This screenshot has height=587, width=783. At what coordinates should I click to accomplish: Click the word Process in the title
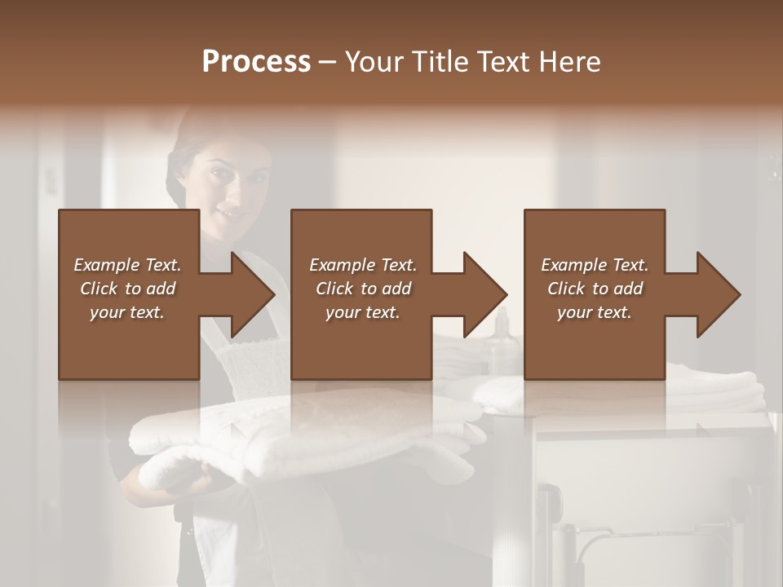(256, 62)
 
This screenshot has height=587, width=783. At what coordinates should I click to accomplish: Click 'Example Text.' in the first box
(127, 265)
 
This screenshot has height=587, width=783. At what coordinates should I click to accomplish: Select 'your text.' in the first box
(127, 312)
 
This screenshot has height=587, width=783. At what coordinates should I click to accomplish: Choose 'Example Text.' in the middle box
(363, 265)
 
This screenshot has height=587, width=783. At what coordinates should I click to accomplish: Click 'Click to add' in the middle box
(363, 289)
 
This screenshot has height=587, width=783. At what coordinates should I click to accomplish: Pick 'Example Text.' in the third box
(595, 265)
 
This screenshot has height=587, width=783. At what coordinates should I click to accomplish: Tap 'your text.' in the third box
(595, 312)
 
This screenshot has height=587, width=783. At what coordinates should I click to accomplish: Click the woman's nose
(231, 196)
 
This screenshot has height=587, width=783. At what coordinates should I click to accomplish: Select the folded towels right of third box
(718, 391)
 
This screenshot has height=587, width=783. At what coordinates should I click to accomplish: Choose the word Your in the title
(372, 62)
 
